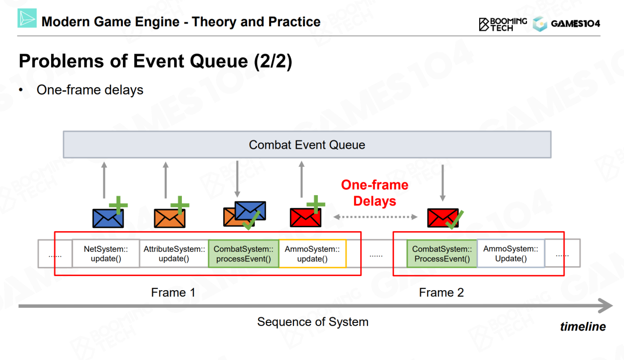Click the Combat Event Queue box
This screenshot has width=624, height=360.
[307, 144]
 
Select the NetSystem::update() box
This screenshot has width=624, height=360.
[106, 254]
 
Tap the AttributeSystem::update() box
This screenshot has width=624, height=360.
[174, 254]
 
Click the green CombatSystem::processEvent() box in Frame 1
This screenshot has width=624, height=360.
[243, 254]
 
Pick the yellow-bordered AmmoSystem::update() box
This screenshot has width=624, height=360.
[312, 254]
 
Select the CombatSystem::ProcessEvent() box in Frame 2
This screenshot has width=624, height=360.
[442, 254]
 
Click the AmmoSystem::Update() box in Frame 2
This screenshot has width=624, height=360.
[511, 253]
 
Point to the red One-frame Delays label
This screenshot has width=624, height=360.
[375, 193]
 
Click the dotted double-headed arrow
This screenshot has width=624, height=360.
[375, 217]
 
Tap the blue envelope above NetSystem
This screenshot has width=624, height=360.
[108, 219]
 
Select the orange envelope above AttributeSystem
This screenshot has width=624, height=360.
[170, 219]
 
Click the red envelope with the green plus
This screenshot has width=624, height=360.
[306, 218]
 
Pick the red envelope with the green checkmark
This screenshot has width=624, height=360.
[443, 218]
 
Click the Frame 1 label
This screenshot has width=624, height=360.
[173, 293]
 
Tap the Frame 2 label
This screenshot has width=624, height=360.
[441, 293]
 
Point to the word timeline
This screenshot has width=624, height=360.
[583, 326]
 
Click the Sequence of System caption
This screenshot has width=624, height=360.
[312, 322]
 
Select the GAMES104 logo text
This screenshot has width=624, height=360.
[575, 24]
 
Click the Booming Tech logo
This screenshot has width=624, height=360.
[503, 24]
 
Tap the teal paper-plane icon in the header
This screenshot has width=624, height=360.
[27, 18]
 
